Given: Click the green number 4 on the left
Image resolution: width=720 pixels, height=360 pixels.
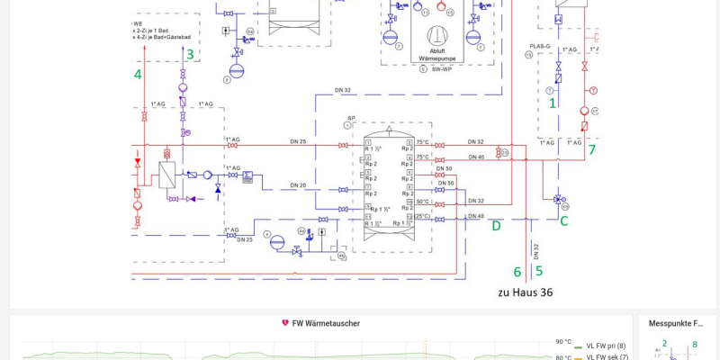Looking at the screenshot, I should pyautogui.click(x=138, y=74).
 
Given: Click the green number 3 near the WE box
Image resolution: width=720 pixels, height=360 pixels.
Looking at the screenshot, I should pyautogui.click(x=189, y=54).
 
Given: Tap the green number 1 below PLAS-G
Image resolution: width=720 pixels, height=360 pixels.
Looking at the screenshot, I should pyautogui.click(x=553, y=103).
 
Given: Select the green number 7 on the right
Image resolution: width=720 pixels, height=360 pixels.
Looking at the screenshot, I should pyautogui.click(x=591, y=149).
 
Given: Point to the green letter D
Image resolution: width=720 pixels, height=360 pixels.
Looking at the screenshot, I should pyautogui.click(x=496, y=226).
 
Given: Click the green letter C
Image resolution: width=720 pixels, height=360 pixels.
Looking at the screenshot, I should pyautogui.click(x=564, y=219).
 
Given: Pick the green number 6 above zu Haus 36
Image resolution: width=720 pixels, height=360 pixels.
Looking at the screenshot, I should pyautogui.click(x=517, y=271).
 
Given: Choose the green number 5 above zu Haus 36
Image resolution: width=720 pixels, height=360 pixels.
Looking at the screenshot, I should pyautogui.click(x=538, y=270).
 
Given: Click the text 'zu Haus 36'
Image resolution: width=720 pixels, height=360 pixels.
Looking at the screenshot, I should pyautogui.click(x=526, y=292).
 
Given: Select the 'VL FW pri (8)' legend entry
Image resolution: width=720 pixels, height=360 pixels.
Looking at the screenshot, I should pyautogui.click(x=606, y=346).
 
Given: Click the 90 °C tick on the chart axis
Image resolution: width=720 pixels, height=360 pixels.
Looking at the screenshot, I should pyautogui.click(x=563, y=342).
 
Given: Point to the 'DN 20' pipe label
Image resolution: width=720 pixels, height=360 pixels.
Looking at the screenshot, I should pyautogui.click(x=298, y=184).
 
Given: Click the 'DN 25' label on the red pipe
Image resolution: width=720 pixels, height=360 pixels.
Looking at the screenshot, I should pyautogui.click(x=298, y=141).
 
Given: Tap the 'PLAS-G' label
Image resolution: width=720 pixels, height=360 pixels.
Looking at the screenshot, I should pyautogui.click(x=540, y=45).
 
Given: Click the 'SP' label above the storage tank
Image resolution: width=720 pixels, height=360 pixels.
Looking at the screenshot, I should pyautogui.click(x=351, y=118).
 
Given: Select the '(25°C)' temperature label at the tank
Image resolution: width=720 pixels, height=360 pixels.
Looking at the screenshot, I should pyautogui.click(x=422, y=216).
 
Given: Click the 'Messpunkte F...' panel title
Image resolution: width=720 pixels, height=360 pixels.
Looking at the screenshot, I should pyautogui.click(x=676, y=323).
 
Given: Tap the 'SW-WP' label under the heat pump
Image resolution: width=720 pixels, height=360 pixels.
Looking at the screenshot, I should pyautogui.click(x=441, y=68).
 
